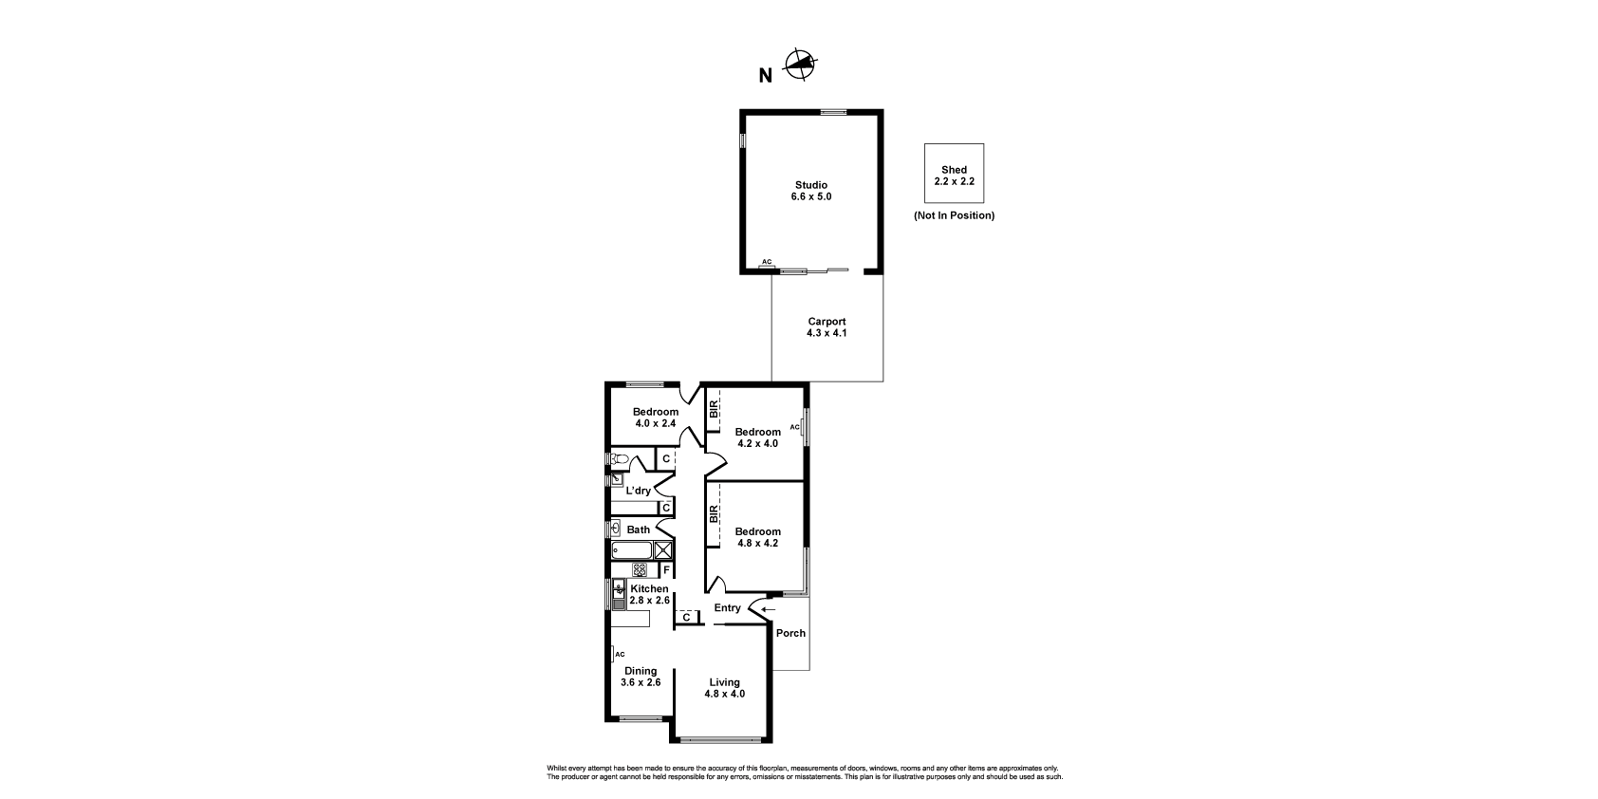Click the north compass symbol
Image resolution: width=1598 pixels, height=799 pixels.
tap(800, 65)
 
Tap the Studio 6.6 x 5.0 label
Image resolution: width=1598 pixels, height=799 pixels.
tap(811, 191)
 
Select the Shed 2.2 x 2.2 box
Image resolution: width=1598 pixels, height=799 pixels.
tap(954, 174)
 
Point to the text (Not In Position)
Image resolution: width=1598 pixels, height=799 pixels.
tap(954, 215)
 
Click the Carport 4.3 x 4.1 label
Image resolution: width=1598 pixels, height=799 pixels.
tap(827, 327)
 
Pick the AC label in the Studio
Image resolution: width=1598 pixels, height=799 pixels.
tap(767, 262)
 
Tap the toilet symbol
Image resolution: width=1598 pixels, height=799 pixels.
tap(619, 458)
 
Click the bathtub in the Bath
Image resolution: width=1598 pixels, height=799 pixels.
tap(632, 550)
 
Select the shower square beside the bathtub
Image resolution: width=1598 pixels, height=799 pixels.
tap(663, 550)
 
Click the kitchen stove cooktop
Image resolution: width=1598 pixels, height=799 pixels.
tap(640, 570)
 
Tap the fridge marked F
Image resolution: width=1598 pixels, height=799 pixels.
tap(666, 570)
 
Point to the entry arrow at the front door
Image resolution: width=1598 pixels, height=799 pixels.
tap(768, 610)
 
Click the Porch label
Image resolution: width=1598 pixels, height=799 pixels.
tap(790, 633)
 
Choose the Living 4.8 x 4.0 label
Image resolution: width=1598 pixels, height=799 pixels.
tap(725, 688)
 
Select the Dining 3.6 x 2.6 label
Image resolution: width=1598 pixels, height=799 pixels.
tap(641, 677)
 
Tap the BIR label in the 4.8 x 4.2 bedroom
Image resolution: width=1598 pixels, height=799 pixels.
tap(714, 514)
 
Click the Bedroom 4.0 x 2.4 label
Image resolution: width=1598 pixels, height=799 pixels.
tap(656, 418)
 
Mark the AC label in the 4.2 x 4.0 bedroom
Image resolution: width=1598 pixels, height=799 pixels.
tap(794, 427)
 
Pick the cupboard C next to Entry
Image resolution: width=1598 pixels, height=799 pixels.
tap(686, 617)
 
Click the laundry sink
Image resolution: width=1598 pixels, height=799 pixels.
tap(617, 479)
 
